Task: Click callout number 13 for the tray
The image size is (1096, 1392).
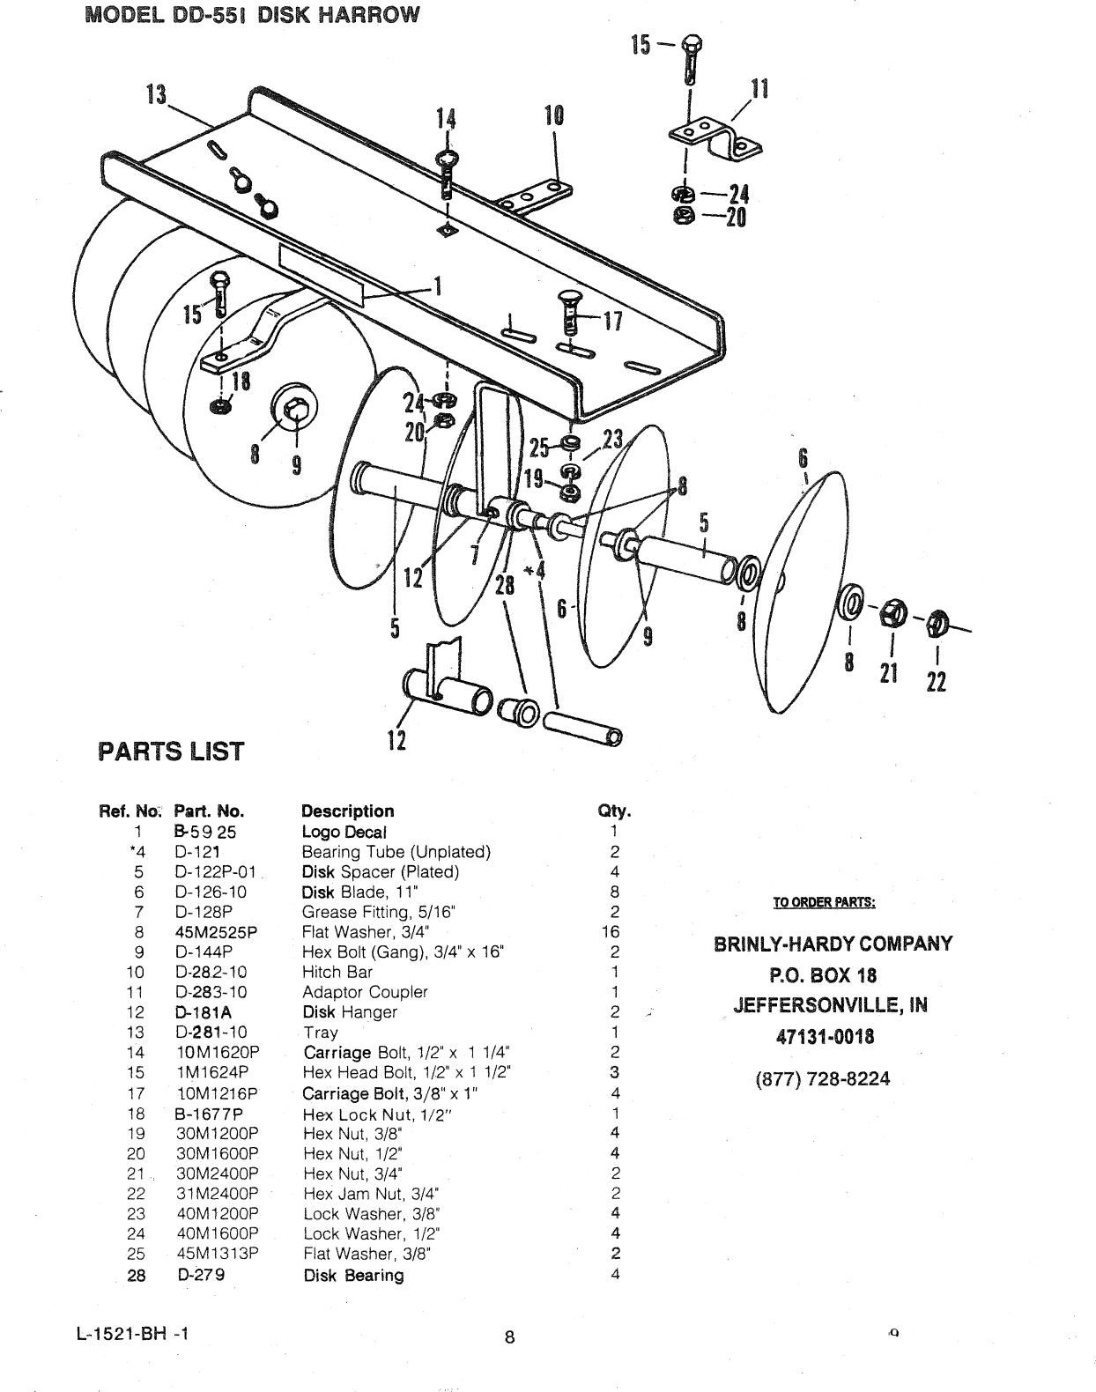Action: point(156,93)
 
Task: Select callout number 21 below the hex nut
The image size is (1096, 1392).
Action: point(888,673)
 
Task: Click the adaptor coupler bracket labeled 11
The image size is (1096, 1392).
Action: point(715,137)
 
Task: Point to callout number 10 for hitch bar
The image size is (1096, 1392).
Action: point(554,116)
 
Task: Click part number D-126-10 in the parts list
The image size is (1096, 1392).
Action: point(211,892)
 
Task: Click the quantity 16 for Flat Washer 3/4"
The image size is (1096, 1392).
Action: point(610,931)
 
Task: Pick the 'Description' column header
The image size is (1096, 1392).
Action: point(347,811)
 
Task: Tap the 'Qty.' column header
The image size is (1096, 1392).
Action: point(614,811)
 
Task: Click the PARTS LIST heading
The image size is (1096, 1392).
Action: point(170,752)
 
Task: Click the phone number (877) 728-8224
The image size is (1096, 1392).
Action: point(823,1079)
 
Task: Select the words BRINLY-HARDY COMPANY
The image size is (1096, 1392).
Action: point(833,944)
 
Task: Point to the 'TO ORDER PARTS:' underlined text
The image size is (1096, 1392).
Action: point(824,902)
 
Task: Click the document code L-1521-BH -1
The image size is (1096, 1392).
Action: point(133,1333)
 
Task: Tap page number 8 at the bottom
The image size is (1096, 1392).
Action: point(509,1337)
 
